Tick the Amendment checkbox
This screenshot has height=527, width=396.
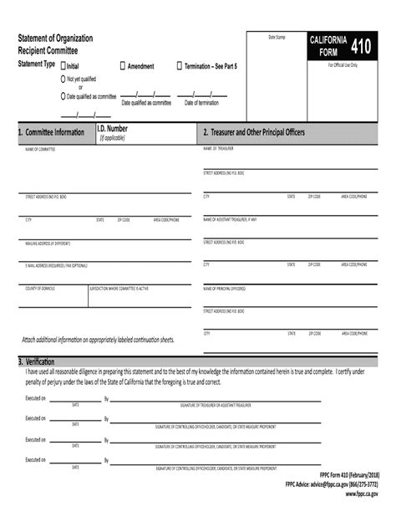123,65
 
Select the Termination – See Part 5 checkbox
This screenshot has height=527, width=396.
179,65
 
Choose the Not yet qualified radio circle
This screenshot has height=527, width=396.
62,78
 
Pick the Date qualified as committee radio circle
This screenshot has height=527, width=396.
62,96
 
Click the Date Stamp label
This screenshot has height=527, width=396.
277,38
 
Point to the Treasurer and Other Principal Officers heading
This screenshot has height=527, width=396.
253,133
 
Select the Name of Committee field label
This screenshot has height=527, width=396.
40,150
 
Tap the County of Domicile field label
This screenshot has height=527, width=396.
43,287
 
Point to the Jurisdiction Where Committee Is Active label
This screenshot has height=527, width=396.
119,287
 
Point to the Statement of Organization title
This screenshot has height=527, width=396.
56,39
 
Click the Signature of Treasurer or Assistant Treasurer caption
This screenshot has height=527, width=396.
219,404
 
